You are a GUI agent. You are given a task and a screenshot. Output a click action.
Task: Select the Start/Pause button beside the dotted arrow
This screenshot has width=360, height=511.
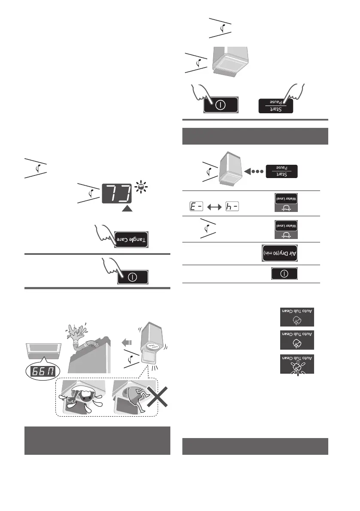coord(281,171)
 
